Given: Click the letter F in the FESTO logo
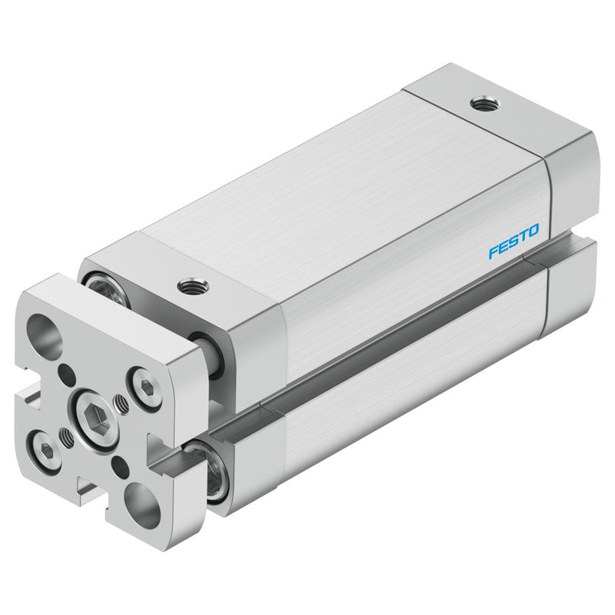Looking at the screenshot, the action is [x=494, y=252].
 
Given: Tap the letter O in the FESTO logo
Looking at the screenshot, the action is [x=533, y=231].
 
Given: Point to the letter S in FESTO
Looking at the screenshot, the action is [x=513, y=241].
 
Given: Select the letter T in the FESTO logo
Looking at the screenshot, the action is [x=523, y=236].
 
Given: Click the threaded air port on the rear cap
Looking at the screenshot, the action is [x=486, y=104].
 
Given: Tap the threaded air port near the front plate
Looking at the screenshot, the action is [x=193, y=286].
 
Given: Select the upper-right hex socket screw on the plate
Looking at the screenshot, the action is [x=145, y=387].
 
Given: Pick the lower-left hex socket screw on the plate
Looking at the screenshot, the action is [x=45, y=450].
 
